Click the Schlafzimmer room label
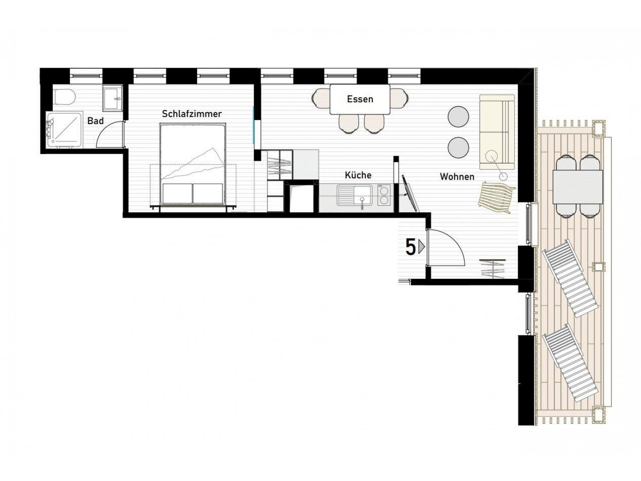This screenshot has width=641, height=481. click(x=192, y=114)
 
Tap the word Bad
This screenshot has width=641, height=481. click(x=95, y=121)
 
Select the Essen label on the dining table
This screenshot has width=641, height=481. click(x=360, y=99)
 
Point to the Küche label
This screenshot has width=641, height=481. click(x=358, y=175)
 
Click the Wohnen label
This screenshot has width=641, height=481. click(x=457, y=177)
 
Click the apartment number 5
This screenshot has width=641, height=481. click(x=411, y=247)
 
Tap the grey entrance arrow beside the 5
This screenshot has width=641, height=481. click(x=422, y=247)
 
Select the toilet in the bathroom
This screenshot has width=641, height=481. click(x=64, y=97)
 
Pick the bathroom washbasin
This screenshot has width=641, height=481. click(x=113, y=98)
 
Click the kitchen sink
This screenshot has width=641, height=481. click(x=354, y=195)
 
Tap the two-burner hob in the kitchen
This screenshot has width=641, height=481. click(x=384, y=195)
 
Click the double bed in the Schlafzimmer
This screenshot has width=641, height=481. click(x=193, y=164)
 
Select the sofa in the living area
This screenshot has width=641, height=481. click(x=497, y=132)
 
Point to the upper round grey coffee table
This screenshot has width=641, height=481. click(x=458, y=117)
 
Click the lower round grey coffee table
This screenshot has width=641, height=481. click(x=458, y=148)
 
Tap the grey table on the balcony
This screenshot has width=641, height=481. click(x=578, y=187)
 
